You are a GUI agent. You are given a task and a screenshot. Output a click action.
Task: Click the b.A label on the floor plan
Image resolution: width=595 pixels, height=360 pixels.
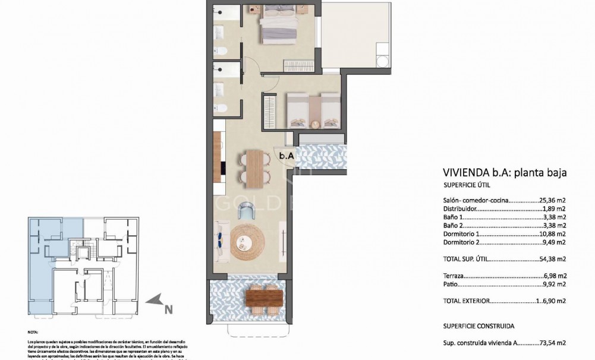287,156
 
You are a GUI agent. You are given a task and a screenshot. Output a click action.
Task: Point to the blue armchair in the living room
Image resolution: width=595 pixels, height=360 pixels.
245,210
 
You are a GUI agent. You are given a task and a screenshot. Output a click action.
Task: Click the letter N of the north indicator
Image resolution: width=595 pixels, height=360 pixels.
168,308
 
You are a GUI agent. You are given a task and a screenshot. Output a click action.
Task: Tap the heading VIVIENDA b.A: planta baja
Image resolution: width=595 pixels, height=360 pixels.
505,172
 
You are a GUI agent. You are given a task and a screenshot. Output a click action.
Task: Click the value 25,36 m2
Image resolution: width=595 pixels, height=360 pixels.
552,201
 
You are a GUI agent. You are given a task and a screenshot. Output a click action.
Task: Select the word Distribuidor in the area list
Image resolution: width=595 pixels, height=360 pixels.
460,209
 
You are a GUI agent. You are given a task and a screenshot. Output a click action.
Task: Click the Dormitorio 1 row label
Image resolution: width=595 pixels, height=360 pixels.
462,234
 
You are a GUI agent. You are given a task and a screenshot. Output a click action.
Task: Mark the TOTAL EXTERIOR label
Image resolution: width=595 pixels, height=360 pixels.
467,301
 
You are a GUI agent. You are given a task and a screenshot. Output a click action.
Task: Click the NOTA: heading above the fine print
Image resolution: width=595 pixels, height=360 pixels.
34,333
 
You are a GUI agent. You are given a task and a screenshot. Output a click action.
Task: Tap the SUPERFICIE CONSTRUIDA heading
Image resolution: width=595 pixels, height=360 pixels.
479,326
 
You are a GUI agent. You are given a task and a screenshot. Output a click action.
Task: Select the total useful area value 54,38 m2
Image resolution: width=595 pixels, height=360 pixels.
552,260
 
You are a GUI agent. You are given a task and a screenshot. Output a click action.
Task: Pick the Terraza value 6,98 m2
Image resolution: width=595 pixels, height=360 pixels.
554,276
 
